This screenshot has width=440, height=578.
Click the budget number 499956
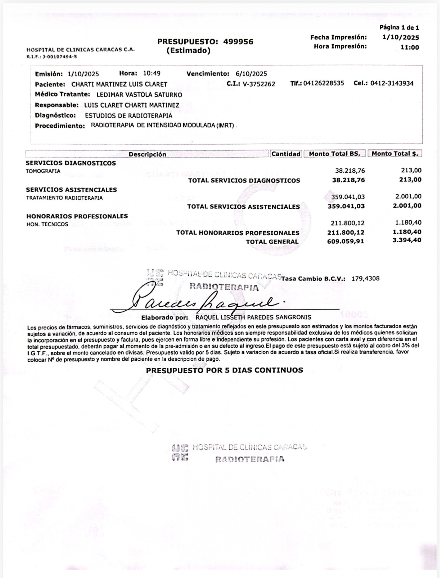[x=238, y=42]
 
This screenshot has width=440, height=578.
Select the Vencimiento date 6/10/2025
[x=251, y=74]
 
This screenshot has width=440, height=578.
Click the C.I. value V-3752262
[x=259, y=84]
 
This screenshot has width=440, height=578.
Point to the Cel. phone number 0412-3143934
[x=392, y=83]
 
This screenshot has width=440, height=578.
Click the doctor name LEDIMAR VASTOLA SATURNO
[x=139, y=95]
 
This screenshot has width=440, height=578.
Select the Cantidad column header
[x=286, y=154]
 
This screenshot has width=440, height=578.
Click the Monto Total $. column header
[x=395, y=154]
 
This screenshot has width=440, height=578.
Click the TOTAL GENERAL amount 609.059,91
[x=345, y=241]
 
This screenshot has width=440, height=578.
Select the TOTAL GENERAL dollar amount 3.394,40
[x=407, y=240]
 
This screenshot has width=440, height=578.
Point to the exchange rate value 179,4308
[x=365, y=279]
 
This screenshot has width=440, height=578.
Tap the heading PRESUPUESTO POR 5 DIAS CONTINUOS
[x=224, y=370]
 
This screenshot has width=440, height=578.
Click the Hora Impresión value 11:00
[x=410, y=47]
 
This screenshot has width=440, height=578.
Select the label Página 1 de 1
[x=399, y=28]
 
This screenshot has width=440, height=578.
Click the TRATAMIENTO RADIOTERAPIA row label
[x=64, y=198]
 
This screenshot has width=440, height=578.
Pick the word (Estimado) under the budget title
[x=188, y=51]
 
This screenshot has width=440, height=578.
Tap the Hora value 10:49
[x=152, y=73]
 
